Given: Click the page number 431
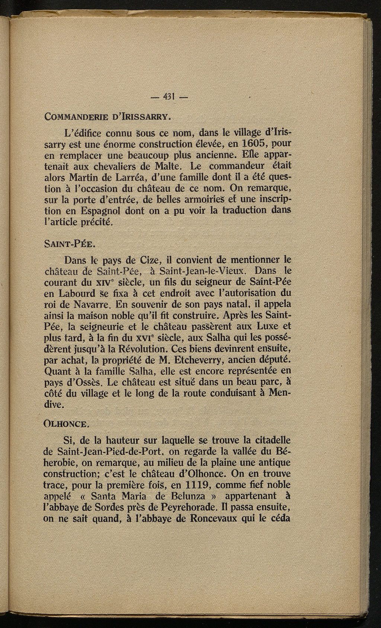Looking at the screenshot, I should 169,98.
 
